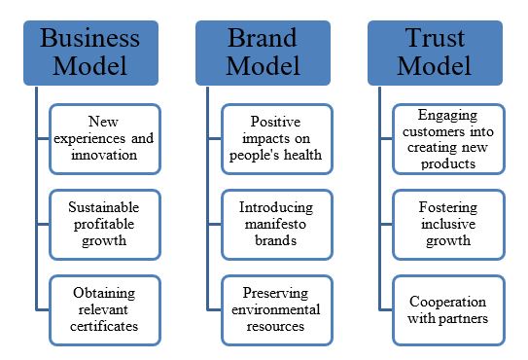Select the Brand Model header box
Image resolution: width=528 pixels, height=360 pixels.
click(263, 52)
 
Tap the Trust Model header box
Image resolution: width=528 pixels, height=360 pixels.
click(434, 52)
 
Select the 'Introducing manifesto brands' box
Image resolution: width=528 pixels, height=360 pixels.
click(276, 224)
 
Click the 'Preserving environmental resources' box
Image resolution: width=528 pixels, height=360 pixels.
click(276, 309)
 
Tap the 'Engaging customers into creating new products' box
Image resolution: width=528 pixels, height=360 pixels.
click(447, 139)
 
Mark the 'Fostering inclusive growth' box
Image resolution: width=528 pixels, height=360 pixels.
click(447, 224)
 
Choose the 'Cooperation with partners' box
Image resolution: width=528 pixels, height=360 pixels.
click(447, 309)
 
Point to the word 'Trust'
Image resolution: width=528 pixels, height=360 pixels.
click(434, 38)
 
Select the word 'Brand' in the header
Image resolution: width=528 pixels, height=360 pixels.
click(263, 38)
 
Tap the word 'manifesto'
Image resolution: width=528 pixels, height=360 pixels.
click(276, 224)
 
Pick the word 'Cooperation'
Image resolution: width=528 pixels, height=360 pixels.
click(447, 302)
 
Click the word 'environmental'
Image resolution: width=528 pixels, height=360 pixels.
click(276, 309)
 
